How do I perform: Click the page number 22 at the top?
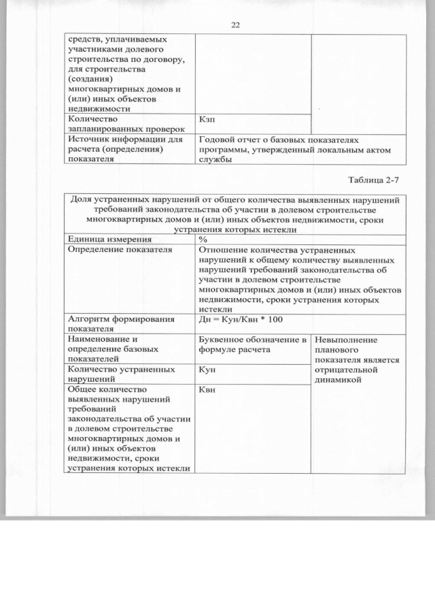click(x=235, y=25)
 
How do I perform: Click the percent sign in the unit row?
click(x=203, y=240)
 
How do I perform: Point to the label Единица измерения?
click(x=108, y=240)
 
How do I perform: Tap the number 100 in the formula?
click(x=274, y=319)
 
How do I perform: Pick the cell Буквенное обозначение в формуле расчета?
click(x=252, y=344)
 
